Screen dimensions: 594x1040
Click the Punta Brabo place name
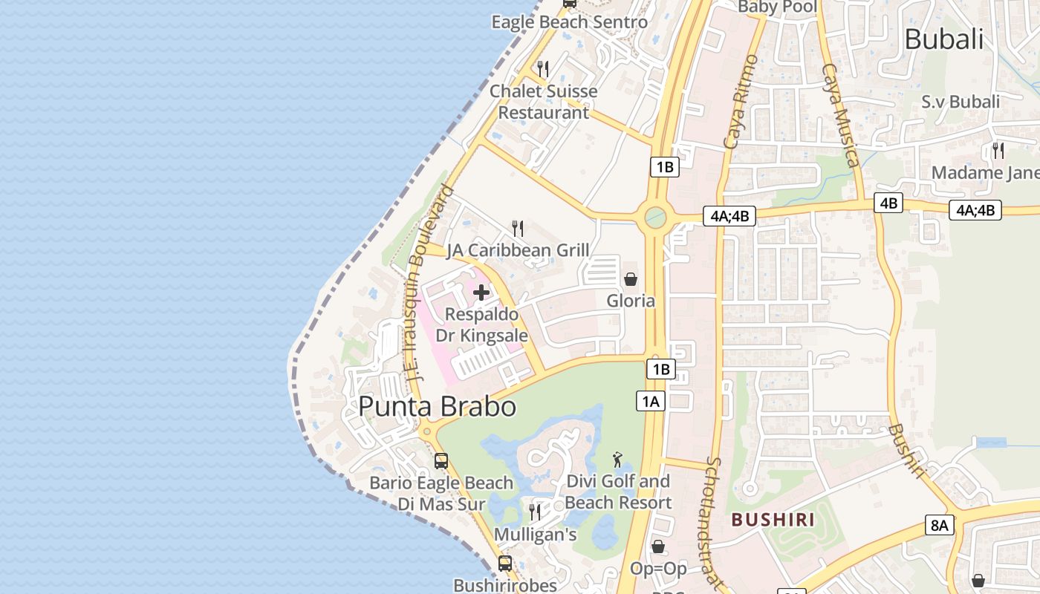tap(437, 407)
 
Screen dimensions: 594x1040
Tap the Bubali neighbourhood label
tap(943, 39)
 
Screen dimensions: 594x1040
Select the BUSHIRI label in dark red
tap(773, 519)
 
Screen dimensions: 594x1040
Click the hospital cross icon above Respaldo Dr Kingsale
tap(481, 292)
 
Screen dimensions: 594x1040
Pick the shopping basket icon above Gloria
tap(631, 279)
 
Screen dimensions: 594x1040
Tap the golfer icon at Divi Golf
tap(617, 460)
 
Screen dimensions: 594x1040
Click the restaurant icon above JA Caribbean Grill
tap(518, 228)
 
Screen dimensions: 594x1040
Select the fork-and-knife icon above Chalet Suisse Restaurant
tap(543, 69)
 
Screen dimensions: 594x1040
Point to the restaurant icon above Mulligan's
tap(534, 512)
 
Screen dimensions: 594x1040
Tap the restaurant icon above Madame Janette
tap(998, 151)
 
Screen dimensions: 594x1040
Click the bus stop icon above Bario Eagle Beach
tap(441, 461)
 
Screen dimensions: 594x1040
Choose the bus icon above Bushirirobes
tap(505, 564)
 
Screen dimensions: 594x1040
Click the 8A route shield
tap(939, 526)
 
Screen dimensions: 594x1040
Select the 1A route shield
tap(651, 402)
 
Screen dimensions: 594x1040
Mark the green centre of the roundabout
tap(655, 217)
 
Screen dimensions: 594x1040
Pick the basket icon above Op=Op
tap(657, 546)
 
